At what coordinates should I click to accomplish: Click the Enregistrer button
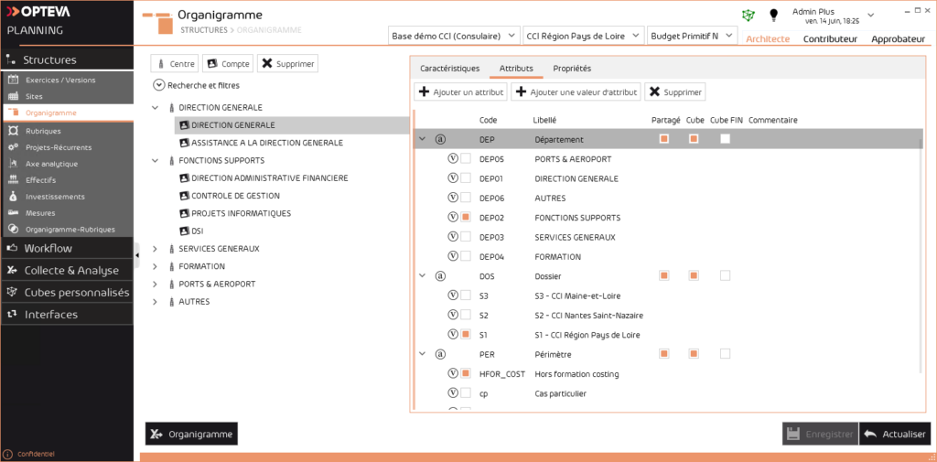click(x=820, y=435)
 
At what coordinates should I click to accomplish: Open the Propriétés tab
click(x=572, y=69)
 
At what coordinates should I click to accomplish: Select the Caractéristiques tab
click(x=449, y=69)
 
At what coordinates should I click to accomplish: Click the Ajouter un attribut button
click(x=460, y=92)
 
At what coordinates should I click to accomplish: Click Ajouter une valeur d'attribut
click(x=576, y=92)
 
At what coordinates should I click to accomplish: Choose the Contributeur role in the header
click(x=830, y=39)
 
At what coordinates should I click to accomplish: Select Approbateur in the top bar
click(x=898, y=39)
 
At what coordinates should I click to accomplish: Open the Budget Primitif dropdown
click(x=692, y=36)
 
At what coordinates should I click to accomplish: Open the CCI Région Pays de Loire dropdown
click(x=582, y=36)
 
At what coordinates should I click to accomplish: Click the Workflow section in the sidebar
click(x=48, y=248)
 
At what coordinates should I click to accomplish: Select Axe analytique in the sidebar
click(x=51, y=164)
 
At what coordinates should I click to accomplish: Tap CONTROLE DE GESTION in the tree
click(x=235, y=196)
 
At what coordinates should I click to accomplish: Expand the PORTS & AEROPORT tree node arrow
click(x=156, y=284)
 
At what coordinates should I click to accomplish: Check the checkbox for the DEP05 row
click(x=466, y=158)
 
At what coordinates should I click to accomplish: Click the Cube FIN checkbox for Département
click(x=725, y=139)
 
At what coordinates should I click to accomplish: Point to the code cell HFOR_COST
click(x=502, y=374)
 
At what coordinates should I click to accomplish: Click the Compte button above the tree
click(x=227, y=63)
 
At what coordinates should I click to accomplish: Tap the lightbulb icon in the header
click(x=773, y=15)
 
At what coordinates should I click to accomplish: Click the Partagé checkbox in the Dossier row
click(x=664, y=275)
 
